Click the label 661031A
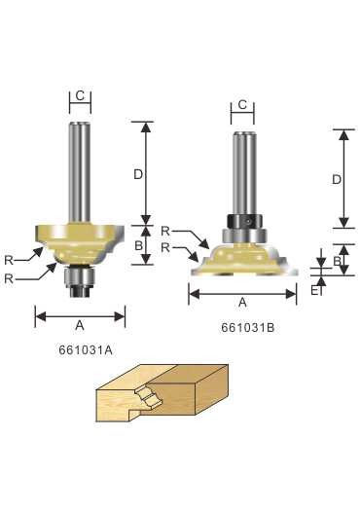coord(86,350)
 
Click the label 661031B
coord(248,328)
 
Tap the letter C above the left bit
coord(80,95)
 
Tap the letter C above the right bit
coord(242,105)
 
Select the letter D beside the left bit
coord(138,174)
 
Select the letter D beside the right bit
coord(337,179)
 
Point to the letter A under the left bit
coord(80,325)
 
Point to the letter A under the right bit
coord(242,303)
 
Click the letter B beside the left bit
coord(138,245)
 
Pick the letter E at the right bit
coord(314,290)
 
